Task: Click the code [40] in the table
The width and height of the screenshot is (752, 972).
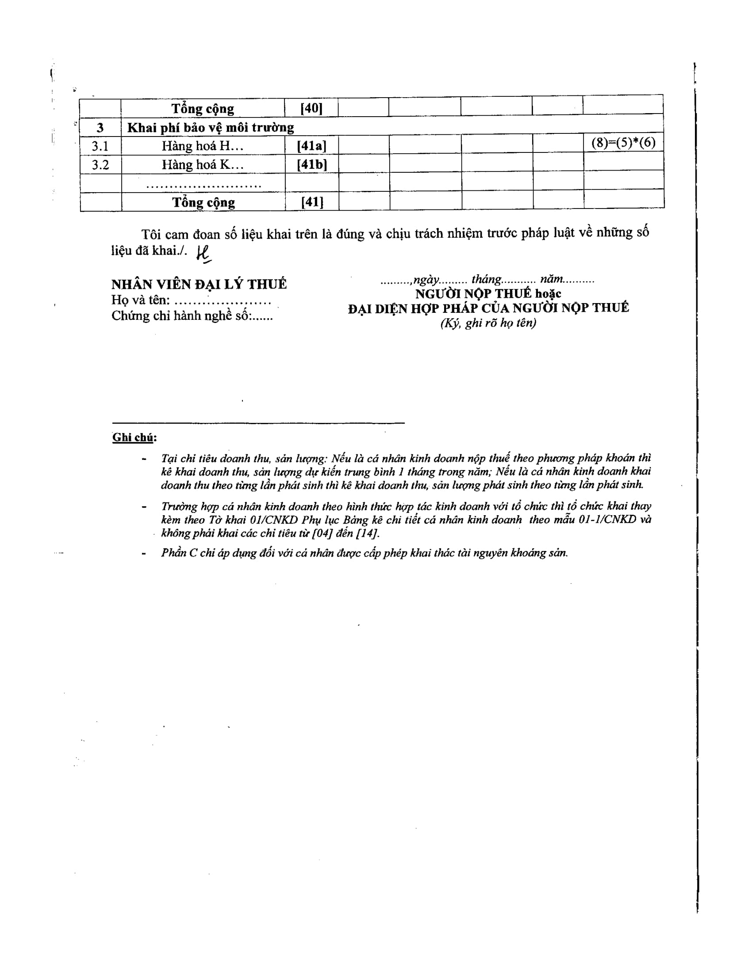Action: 311,108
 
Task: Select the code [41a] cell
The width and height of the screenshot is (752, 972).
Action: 311,145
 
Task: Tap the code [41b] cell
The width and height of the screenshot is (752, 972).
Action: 312,165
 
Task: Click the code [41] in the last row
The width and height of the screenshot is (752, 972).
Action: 312,202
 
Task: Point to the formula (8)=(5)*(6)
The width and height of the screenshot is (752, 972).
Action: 623,142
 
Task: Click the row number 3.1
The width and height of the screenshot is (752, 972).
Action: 100,146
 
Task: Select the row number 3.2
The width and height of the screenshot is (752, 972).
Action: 100,165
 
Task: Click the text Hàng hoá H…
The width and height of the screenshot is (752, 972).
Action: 203,146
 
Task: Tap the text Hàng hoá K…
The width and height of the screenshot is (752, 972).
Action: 203,165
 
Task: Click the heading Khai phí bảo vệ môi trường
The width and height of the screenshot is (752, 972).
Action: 210,128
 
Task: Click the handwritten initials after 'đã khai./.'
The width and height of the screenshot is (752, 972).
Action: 203,254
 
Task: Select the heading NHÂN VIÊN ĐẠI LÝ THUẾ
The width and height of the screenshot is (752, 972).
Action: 199,284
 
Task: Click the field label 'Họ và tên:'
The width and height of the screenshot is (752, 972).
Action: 140,300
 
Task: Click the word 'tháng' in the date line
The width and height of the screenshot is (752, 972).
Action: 486,280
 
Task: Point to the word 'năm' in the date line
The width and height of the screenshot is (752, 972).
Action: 551,280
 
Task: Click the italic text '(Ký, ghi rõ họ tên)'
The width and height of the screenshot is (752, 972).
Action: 488,323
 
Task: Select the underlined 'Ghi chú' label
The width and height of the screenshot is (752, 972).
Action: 133,437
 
